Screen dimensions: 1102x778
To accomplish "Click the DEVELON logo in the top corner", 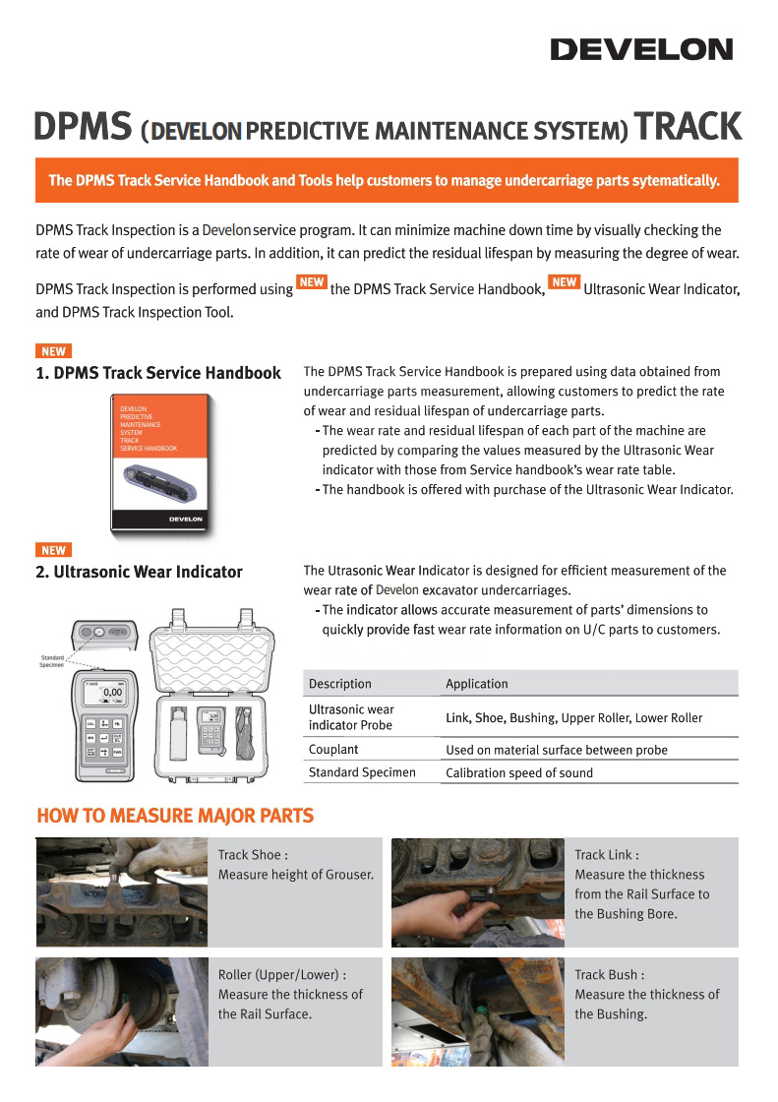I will (x=641, y=49).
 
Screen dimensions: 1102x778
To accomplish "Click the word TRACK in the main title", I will (x=688, y=128).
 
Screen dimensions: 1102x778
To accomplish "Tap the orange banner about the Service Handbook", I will (x=386, y=180).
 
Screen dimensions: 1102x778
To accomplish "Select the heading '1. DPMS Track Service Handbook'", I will (x=158, y=374).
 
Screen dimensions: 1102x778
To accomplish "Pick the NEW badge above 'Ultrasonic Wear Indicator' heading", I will (x=53, y=550).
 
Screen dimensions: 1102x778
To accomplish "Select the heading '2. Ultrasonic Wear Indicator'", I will (x=139, y=572).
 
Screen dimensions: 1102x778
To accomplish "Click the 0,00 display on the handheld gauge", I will (x=111, y=693).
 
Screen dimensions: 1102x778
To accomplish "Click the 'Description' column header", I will (x=340, y=684).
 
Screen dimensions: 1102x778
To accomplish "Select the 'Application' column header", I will (x=477, y=684).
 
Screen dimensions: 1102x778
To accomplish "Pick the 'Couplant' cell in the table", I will (x=333, y=750).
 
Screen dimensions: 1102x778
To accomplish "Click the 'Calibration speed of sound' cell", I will (x=519, y=773).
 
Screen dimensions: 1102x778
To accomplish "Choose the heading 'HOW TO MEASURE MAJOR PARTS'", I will (x=175, y=816).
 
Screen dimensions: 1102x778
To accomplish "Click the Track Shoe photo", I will (x=122, y=892).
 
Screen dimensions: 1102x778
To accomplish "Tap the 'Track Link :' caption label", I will (x=607, y=855).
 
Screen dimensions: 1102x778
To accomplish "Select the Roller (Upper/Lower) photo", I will (x=122, y=1011).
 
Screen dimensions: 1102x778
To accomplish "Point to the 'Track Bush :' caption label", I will (x=610, y=975).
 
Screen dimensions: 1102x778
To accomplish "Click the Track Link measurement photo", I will (x=478, y=892).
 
